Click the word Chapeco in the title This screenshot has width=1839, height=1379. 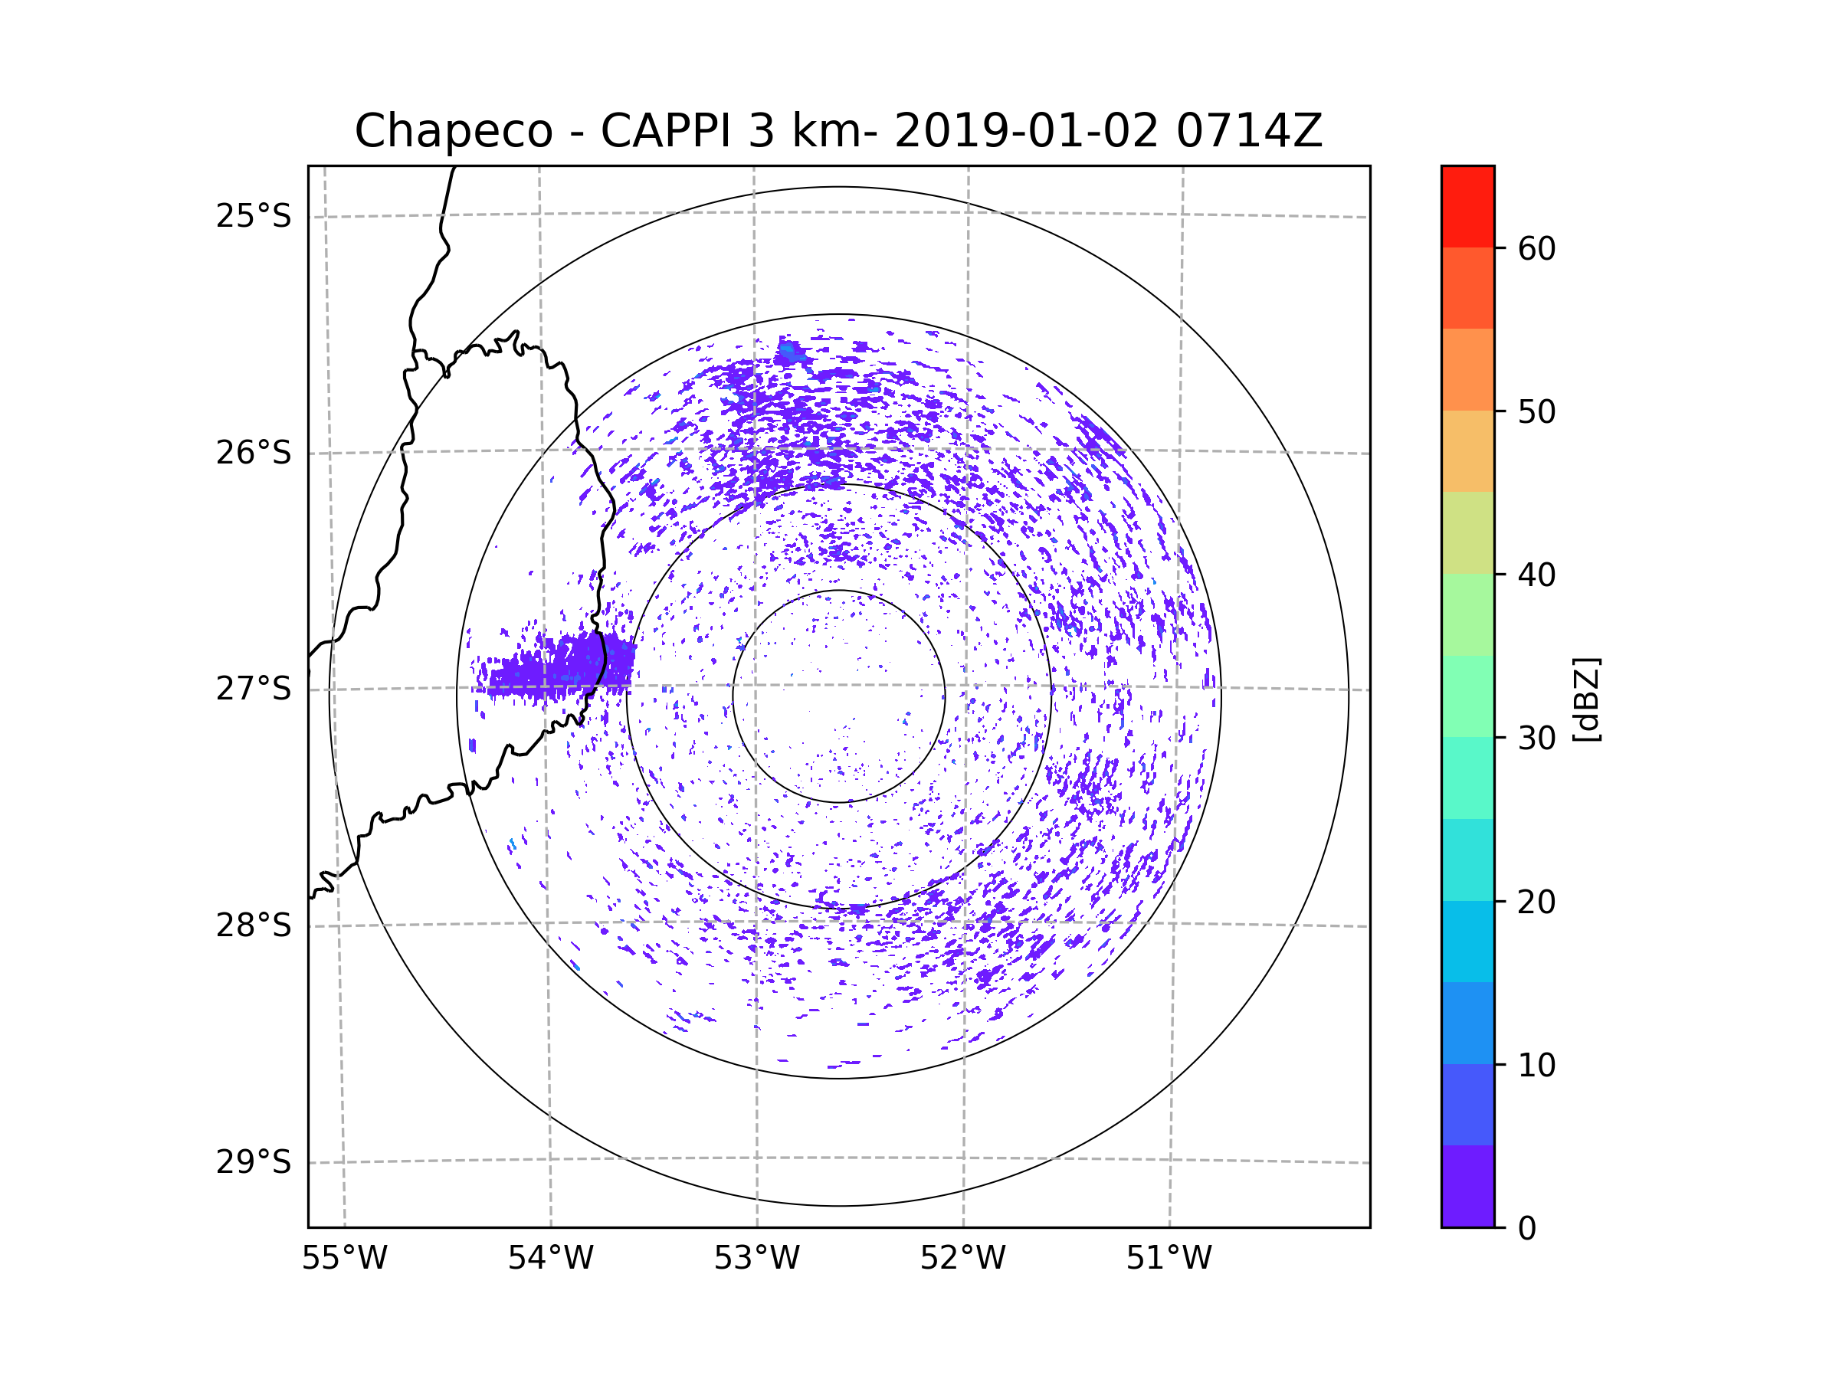coord(453,131)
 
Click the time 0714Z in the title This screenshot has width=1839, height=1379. coord(1248,130)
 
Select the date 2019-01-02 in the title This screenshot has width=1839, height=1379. coord(1026,130)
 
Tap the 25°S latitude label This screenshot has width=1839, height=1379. coord(254,216)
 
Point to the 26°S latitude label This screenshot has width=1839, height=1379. coord(254,453)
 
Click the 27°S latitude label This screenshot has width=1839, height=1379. coord(254,689)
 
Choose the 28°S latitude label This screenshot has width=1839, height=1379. coord(254,925)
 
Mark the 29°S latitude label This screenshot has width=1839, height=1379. coord(254,1162)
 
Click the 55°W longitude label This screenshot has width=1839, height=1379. coord(344,1259)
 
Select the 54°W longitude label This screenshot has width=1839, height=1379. coord(550,1259)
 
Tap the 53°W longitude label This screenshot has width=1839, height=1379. coord(756,1259)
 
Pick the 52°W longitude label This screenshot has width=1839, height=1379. coord(962,1259)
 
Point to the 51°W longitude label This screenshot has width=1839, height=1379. coord(1169,1259)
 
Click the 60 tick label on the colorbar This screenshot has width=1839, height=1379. coord(1536,248)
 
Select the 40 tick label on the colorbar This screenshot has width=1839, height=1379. coord(1536,575)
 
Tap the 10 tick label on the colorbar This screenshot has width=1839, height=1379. coord(1536,1065)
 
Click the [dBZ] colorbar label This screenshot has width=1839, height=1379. coord(1586,699)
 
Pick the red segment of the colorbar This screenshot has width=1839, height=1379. coord(1467,206)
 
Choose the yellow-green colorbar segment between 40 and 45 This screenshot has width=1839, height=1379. coord(1467,532)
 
